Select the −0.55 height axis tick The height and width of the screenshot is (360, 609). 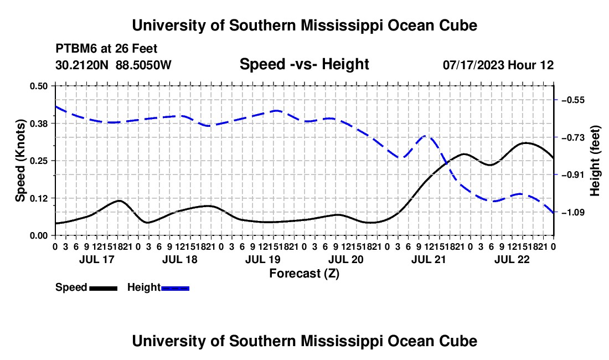pyautogui.click(x=573, y=100)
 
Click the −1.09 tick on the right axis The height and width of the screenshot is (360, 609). pyautogui.click(x=573, y=213)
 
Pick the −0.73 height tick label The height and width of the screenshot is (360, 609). pyautogui.click(x=573, y=137)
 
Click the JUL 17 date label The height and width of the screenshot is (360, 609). pyautogui.click(x=97, y=259)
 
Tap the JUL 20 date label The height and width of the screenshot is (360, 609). pyautogui.click(x=346, y=259)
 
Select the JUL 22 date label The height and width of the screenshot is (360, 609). pyautogui.click(x=512, y=259)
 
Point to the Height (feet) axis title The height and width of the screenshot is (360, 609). pyautogui.click(x=595, y=161)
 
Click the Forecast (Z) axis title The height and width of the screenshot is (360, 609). pyautogui.click(x=304, y=274)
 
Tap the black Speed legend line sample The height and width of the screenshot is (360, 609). pyautogui.click(x=104, y=289)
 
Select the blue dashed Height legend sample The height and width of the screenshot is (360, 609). pyautogui.click(x=175, y=289)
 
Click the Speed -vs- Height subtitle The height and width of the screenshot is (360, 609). pyautogui.click(x=304, y=64)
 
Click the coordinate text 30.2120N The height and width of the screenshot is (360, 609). pyautogui.click(x=82, y=65)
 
